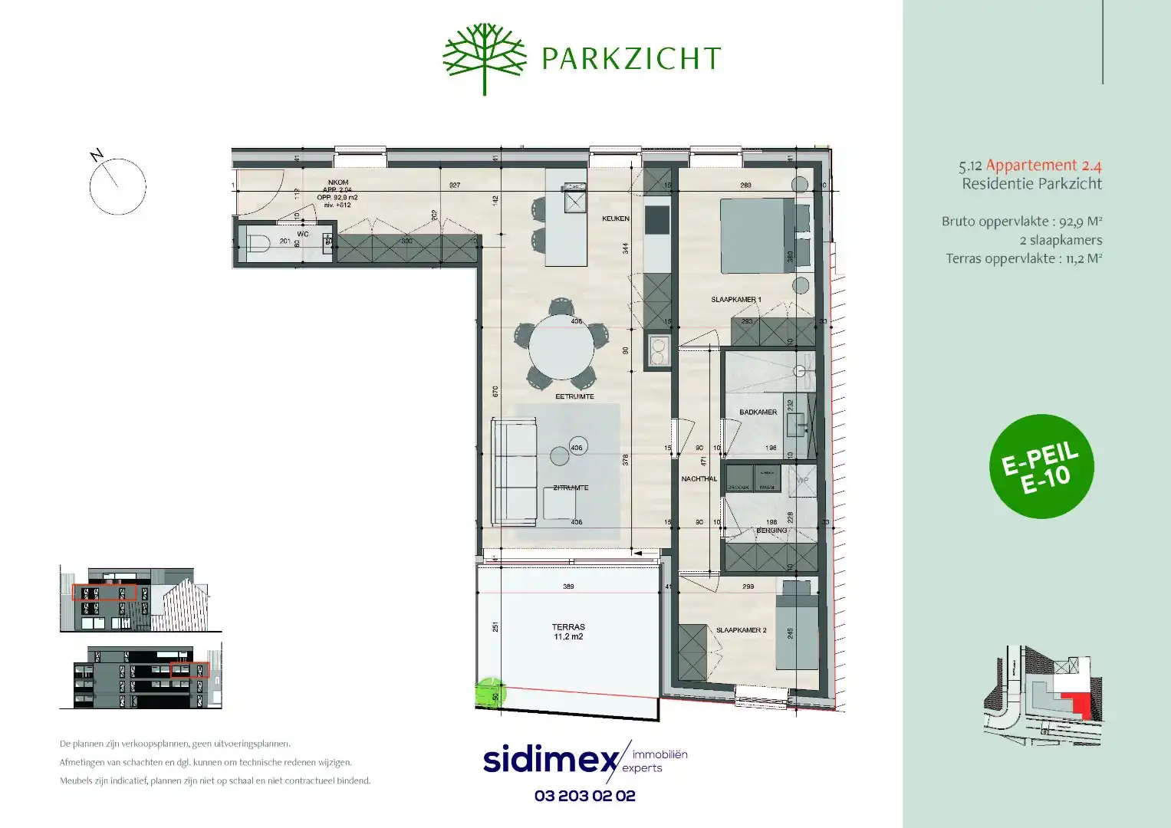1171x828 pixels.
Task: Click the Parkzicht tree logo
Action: pos(485,58)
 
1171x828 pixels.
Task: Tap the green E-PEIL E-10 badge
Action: pos(1041,466)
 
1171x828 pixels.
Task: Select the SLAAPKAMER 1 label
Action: pos(735,300)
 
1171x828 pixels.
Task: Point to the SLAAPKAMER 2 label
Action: pos(741,630)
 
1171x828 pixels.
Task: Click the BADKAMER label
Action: pos(758,412)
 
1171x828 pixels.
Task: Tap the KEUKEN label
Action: pos(615,219)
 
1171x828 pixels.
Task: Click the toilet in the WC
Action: pos(258,245)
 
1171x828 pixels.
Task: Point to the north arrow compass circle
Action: pos(117,186)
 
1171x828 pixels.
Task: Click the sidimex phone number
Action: pos(584,796)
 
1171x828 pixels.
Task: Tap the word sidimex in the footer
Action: pos(550,760)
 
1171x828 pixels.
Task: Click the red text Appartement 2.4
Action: pos(1043,165)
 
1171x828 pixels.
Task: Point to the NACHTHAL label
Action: pos(699,479)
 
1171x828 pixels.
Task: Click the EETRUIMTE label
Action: pos(574,397)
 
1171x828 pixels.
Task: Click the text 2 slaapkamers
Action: pos(1061,240)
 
